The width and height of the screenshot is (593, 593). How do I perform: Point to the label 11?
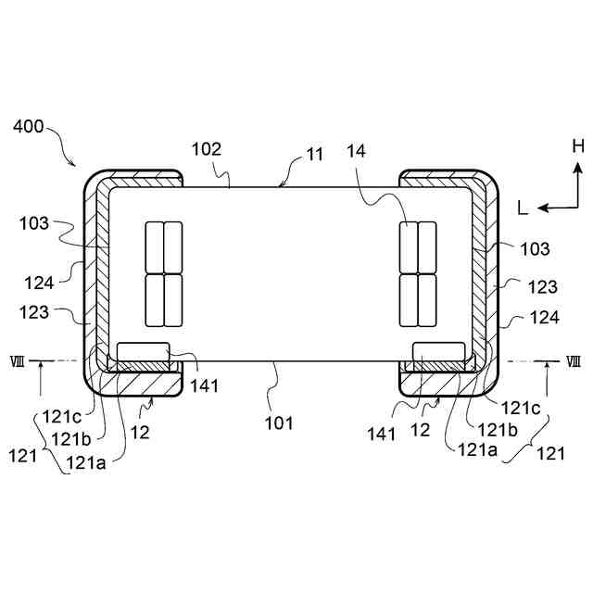[315, 154]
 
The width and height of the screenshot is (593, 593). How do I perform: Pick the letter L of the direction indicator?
[523, 209]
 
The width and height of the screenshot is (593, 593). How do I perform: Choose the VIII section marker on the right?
[574, 360]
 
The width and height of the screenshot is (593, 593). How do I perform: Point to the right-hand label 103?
[535, 248]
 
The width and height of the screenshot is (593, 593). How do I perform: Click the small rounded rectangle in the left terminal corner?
[144, 350]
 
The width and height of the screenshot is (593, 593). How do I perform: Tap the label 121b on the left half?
[70, 438]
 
